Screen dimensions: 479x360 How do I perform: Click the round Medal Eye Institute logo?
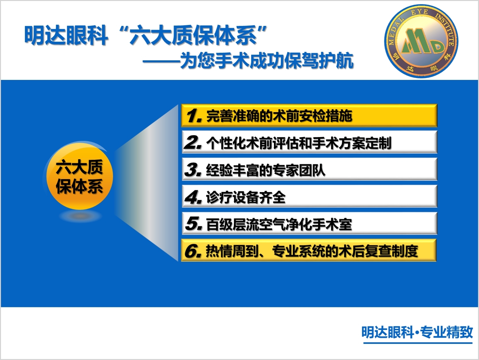[x=421, y=41]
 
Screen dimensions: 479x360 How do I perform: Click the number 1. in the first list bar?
[x=193, y=116]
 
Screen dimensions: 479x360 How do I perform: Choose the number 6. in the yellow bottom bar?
[x=193, y=251]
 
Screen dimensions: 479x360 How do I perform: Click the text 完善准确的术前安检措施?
[x=279, y=116]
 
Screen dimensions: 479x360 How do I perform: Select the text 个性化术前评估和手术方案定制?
[x=299, y=143]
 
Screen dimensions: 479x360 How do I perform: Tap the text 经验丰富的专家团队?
[x=266, y=170]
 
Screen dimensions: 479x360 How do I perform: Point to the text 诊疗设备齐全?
[x=246, y=197]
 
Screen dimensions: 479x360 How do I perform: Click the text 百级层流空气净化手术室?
[x=279, y=225]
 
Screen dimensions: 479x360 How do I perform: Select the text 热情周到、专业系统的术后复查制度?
[x=312, y=251]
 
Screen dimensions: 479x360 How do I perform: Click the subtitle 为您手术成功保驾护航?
[x=267, y=60]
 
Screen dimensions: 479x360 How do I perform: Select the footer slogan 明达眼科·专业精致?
[x=417, y=332]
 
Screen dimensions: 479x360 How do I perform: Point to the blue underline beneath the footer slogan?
[x=418, y=343]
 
